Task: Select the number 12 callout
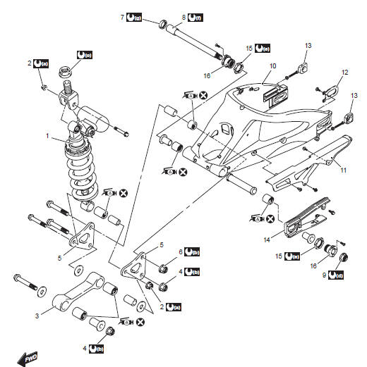[344, 73]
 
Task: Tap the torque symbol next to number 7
[137, 15]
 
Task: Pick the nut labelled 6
[162, 267]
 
